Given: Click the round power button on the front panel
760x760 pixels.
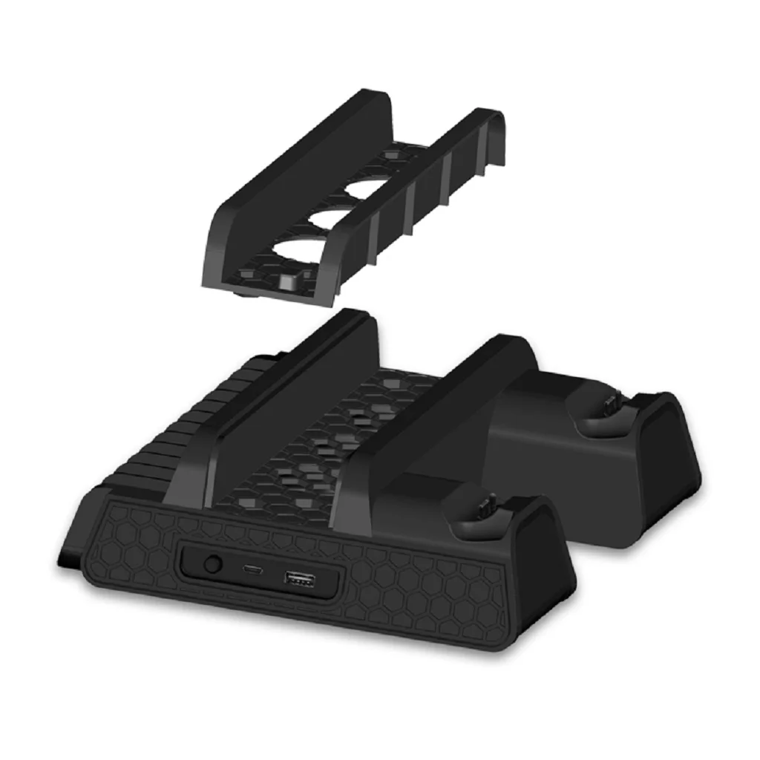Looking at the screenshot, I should (x=213, y=565).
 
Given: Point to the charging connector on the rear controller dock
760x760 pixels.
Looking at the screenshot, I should (x=610, y=406).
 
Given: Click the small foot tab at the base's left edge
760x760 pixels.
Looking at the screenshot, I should (x=65, y=553).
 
